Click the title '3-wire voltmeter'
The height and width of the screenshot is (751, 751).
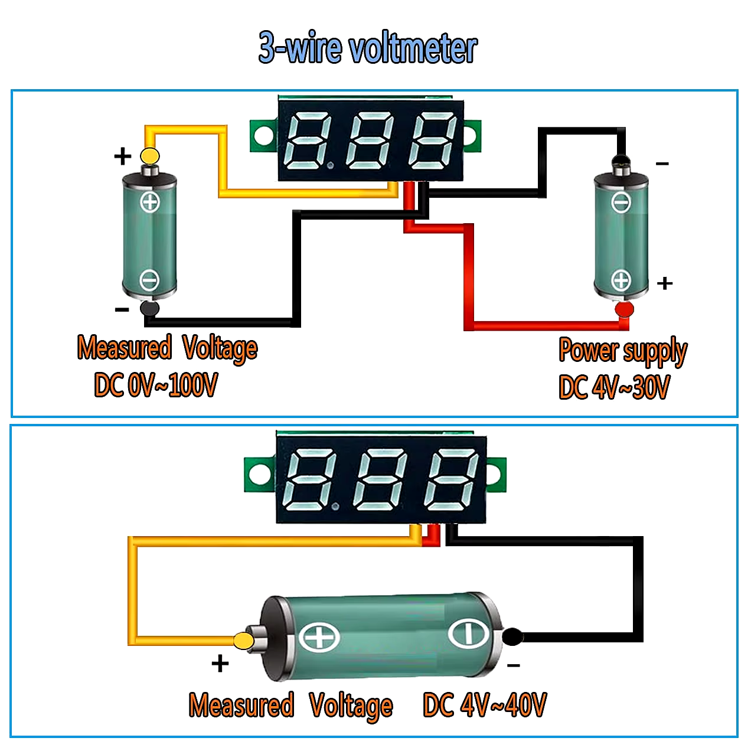point(368,48)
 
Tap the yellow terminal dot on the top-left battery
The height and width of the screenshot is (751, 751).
point(149,156)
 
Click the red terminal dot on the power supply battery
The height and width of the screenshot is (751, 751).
point(624,309)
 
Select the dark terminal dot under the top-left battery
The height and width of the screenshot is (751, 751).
point(149,309)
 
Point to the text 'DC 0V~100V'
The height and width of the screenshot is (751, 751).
point(156,385)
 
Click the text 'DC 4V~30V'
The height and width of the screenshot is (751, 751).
point(614,387)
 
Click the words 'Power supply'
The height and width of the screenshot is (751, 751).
point(623,351)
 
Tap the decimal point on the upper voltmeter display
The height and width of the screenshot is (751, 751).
point(331,166)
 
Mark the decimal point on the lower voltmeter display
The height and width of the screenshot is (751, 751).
point(335,506)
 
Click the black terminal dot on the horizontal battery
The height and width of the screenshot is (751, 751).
point(512,637)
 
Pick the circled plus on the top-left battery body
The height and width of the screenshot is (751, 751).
point(150,203)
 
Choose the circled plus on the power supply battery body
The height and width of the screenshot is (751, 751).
point(621,280)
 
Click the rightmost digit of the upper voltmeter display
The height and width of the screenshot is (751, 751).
point(432,141)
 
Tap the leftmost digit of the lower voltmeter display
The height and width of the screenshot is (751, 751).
point(309,480)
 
